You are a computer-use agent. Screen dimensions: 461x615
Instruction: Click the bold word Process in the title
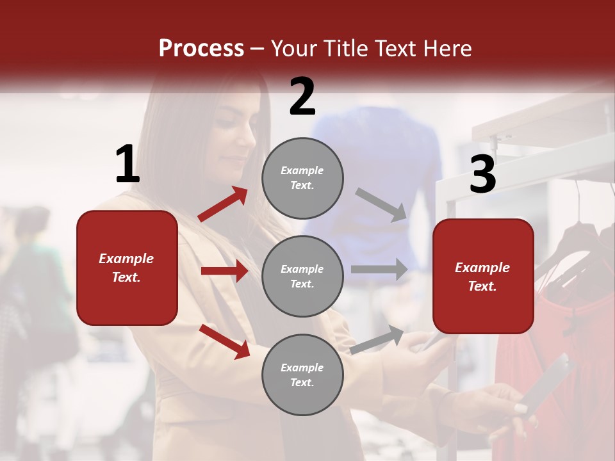[201, 49]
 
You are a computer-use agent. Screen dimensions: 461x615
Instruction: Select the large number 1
[127, 165]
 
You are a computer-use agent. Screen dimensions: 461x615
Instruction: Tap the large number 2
[302, 97]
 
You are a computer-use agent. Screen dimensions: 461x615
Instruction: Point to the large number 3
[482, 174]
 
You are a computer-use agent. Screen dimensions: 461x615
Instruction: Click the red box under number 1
[127, 268]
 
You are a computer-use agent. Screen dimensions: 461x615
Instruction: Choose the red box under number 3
[483, 276]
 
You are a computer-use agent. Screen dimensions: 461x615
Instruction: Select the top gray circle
[302, 178]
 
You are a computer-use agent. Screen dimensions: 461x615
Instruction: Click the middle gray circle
[302, 276]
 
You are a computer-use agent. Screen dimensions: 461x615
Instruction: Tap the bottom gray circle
[302, 375]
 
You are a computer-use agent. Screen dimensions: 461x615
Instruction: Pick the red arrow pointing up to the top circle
[223, 204]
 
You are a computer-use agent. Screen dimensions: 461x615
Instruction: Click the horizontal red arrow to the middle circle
[224, 271]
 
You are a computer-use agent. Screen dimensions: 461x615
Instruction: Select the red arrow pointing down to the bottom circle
[225, 341]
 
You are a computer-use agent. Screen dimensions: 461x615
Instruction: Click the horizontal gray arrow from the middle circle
[379, 269]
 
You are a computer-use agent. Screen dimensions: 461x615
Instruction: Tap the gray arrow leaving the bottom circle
[377, 339]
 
